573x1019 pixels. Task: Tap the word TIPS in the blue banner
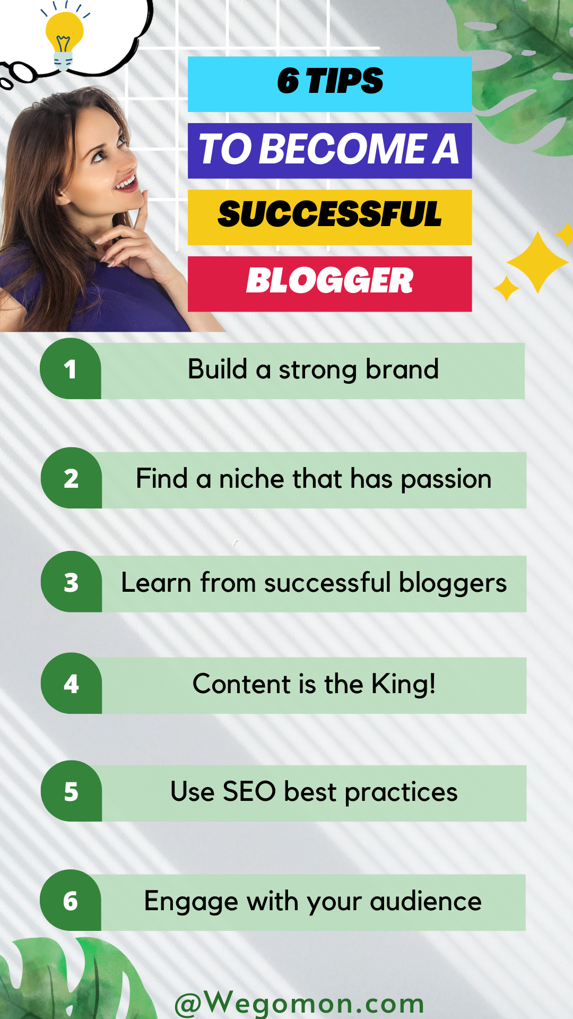pos(344,81)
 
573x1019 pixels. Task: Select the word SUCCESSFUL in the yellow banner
pos(329,214)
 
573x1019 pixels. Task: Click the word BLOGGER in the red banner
pos(329,280)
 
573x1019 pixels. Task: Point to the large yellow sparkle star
pos(537,262)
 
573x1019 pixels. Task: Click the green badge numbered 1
pos(71,369)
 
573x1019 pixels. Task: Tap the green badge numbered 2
pos(71,478)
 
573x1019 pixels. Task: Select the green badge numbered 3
pos(71,582)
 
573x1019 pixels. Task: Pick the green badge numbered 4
pos(71,683)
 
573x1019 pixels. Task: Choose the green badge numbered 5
pos(71,791)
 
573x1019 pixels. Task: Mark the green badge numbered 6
pos(71,900)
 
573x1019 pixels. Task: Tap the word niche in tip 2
pos(252,478)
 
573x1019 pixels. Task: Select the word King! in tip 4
pos(404,684)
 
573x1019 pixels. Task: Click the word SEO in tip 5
pos(249,791)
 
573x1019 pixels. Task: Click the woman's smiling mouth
pos(126,183)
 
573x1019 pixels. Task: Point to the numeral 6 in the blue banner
pos(288,81)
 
